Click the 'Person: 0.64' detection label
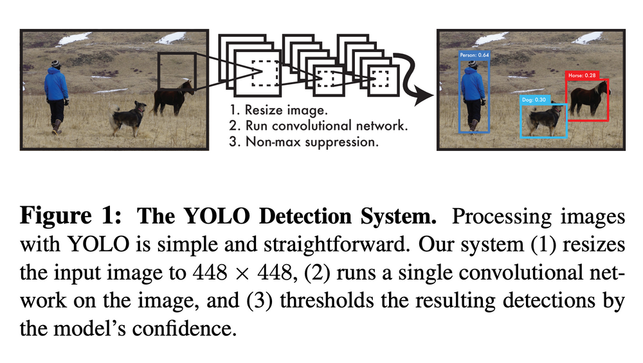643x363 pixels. click(x=475, y=55)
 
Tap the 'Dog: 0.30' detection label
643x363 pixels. click(x=534, y=100)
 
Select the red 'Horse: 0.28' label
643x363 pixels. click(x=582, y=75)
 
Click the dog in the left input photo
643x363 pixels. click(x=129, y=117)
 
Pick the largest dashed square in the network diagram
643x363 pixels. click(x=264, y=73)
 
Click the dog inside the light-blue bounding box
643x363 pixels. click(x=543, y=120)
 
